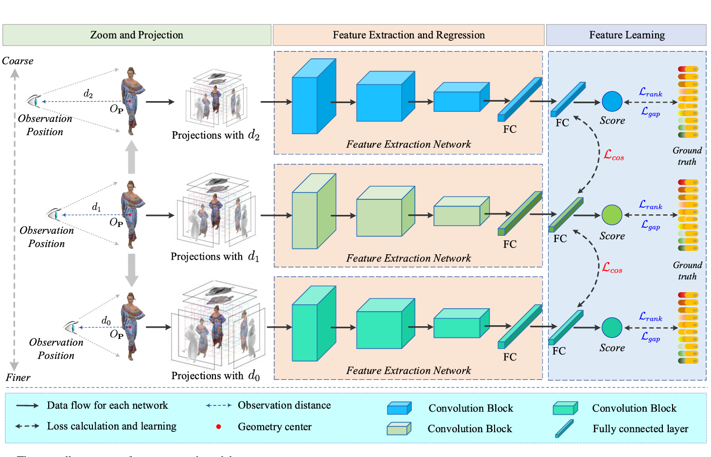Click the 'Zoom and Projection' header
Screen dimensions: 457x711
[137, 35]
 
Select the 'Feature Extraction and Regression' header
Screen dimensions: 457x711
[409, 35]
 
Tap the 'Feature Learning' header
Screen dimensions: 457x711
[626, 35]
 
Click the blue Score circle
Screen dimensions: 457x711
[612, 101]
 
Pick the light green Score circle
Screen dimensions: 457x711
[612, 215]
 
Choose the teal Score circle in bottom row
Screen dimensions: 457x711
[612, 328]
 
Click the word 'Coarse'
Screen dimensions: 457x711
[18, 61]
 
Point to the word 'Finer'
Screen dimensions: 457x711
[18, 377]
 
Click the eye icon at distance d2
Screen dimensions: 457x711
[33, 101]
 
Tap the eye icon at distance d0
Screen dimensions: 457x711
[71, 327]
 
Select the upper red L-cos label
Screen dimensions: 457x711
[613, 155]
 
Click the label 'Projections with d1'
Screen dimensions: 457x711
[214, 256]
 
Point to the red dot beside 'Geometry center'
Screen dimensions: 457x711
[219, 427]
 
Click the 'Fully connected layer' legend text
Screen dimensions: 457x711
[640, 429]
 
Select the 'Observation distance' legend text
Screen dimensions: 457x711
[284, 405]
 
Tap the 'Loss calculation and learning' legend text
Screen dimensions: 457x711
[111, 426]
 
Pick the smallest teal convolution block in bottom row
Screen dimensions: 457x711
[461, 323]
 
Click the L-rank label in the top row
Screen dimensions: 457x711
[650, 92]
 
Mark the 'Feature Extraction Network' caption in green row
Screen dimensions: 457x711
[409, 258]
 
